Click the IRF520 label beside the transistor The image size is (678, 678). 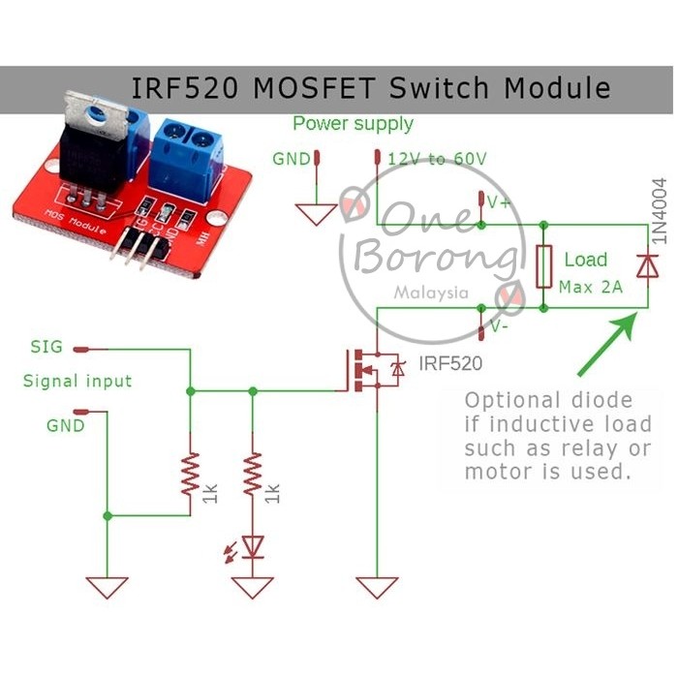[x=449, y=364]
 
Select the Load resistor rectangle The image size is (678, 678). [x=544, y=266]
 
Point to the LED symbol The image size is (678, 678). [x=254, y=547]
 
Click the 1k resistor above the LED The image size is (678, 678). [x=253, y=476]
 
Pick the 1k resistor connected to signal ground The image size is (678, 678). [x=191, y=476]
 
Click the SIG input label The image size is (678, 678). [x=46, y=346]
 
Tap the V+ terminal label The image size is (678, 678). [x=500, y=202]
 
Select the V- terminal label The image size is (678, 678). [x=500, y=326]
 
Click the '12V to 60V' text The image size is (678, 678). [x=437, y=159]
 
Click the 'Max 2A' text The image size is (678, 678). [x=591, y=288]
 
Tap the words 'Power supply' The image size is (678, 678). [x=353, y=124]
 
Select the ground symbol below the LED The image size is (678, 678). [x=254, y=587]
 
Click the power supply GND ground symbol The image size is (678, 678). [x=316, y=214]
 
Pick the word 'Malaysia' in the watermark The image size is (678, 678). [x=432, y=292]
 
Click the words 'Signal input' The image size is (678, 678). [x=77, y=382]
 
